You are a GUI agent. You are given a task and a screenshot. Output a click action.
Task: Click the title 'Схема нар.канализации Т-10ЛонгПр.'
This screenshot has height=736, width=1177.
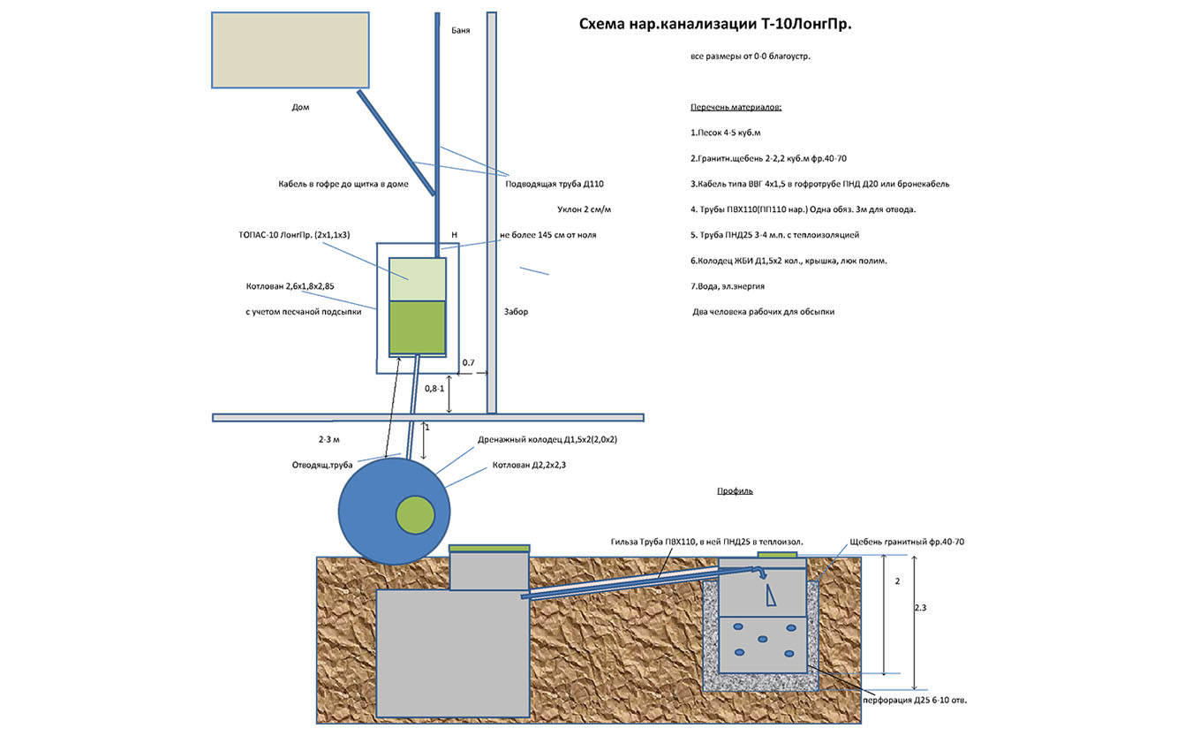pyautogui.click(x=714, y=25)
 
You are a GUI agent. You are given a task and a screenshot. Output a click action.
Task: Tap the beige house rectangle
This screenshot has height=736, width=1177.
pyautogui.click(x=290, y=49)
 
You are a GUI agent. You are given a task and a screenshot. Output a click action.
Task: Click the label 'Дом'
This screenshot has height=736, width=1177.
pyautogui.click(x=300, y=107)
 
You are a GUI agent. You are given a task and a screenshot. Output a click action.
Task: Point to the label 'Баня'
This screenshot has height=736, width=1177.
pyautogui.click(x=460, y=30)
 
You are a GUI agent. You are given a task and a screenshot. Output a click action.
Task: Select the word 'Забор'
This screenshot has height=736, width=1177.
pyautogui.click(x=516, y=312)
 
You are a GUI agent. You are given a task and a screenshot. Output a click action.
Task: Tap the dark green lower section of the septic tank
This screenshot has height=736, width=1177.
pyautogui.click(x=418, y=327)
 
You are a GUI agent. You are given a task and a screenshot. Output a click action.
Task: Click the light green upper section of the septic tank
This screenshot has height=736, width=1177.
pyautogui.click(x=418, y=278)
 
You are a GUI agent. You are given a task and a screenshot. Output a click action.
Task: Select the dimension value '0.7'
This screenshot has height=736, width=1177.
pyautogui.click(x=468, y=363)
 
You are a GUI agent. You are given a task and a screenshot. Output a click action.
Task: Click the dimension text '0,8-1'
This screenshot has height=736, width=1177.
pyautogui.click(x=434, y=389)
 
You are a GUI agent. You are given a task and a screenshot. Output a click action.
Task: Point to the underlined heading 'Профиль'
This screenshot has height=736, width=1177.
pyautogui.click(x=735, y=491)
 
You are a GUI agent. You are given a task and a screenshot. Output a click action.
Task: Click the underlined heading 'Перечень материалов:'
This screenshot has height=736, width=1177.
pyautogui.click(x=736, y=108)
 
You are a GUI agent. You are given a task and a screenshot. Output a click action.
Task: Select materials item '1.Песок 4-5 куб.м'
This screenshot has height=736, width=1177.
pyautogui.click(x=725, y=133)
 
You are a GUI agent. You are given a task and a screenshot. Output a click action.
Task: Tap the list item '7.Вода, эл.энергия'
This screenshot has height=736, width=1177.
pyautogui.click(x=728, y=286)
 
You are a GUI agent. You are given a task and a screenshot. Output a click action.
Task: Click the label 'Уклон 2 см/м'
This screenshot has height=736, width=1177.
pyautogui.click(x=585, y=209)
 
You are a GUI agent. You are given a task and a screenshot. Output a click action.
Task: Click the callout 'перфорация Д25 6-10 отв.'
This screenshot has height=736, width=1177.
pyautogui.click(x=915, y=700)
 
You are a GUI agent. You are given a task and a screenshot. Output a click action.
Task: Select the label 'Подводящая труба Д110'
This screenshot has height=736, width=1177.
pyautogui.click(x=555, y=184)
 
